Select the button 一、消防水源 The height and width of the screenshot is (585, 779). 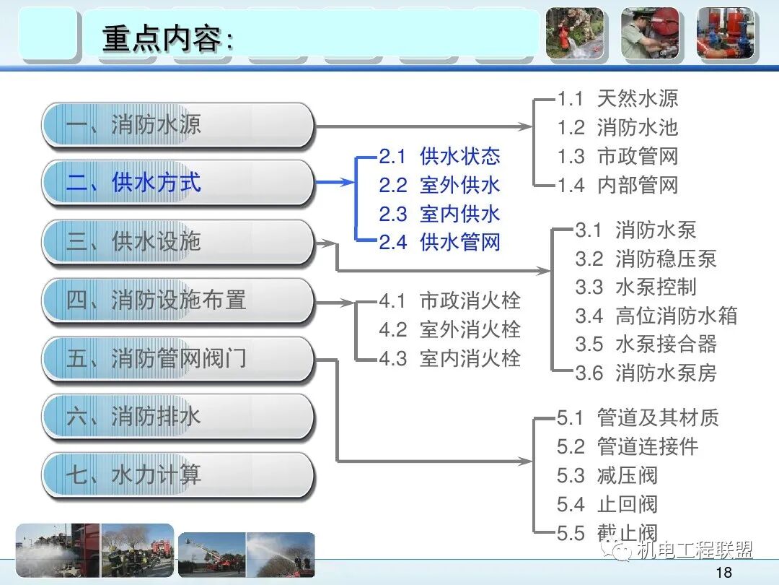[178, 126]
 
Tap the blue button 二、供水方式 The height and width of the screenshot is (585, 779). [178, 183]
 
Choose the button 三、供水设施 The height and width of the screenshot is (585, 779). [178, 241]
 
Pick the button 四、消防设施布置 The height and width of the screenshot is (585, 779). [178, 300]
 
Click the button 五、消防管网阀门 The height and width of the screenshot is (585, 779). [178, 358]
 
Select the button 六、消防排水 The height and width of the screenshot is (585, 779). [178, 417]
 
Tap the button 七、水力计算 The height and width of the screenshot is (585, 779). [178, 475]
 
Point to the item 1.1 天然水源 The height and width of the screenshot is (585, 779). [617, 99]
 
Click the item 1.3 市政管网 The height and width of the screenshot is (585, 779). [617, 157]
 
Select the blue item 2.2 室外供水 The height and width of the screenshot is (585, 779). [439, 186]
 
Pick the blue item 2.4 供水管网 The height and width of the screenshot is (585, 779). [439, 243]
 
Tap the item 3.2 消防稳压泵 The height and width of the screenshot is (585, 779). [646, 259]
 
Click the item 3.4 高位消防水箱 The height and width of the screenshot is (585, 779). [656, 316]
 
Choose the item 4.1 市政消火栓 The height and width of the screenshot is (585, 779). [449, 300]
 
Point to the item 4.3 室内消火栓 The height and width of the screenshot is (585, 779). [449, 358]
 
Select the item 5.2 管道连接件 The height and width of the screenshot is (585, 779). [628, 446]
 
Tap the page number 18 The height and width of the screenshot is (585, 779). [725, 573]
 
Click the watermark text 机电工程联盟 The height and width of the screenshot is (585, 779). [694, 551]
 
